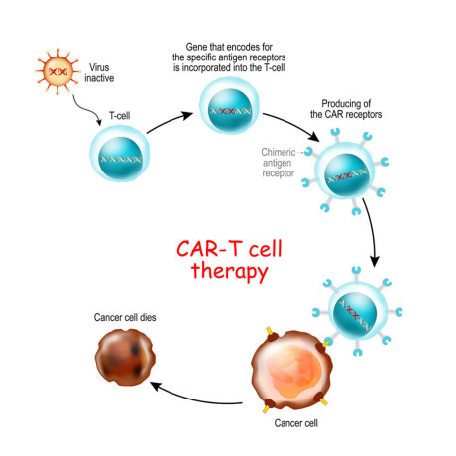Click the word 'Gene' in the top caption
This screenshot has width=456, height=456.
[201, 49]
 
